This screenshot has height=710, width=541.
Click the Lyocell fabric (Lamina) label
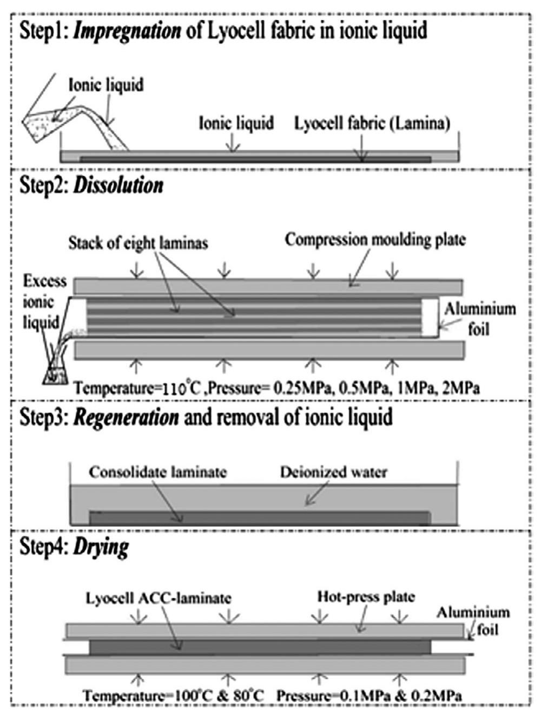click(x=372, y=124)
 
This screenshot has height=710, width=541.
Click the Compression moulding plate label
click(x=374, y=240)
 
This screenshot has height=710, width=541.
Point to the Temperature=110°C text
click(x=137, y=388)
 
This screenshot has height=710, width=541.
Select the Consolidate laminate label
click(x=157, y=472)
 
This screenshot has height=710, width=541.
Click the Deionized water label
click(x=333, y=472)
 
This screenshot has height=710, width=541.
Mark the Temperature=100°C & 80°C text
click(x=174, y=695)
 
